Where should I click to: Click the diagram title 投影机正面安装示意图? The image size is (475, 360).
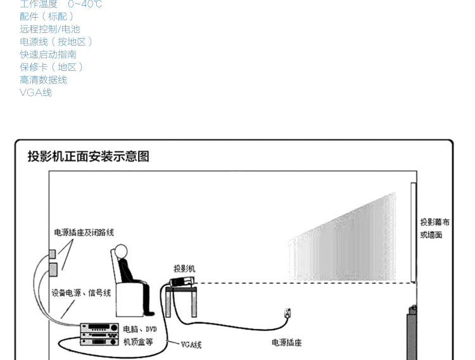click(88, 156)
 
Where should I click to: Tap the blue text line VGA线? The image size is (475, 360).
click(35, 93)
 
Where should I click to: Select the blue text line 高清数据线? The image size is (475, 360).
click(43, 80)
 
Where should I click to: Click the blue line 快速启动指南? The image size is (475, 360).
click(48, 55)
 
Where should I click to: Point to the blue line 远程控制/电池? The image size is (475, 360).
click(50, 29)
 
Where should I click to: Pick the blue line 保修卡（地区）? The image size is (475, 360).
click(52, 67)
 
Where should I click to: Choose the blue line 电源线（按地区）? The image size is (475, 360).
click(56, 42)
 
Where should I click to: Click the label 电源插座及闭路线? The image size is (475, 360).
click(84, 233)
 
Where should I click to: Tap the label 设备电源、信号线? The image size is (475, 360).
click(81, 293)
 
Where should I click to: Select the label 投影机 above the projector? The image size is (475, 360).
click(184, 269)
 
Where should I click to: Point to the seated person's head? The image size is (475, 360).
click(120, 251)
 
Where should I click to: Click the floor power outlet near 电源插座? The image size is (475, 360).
click(287, 312)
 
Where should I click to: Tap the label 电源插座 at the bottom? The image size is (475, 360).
click(286, 343)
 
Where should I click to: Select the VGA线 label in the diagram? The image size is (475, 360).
click(191, 345)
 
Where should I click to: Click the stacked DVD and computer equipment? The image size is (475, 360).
click(99, 334)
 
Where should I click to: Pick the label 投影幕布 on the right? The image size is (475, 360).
click(435, 222)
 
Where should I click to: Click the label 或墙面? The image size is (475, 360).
click(431, 235)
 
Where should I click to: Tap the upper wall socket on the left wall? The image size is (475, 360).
click(53, 254)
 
